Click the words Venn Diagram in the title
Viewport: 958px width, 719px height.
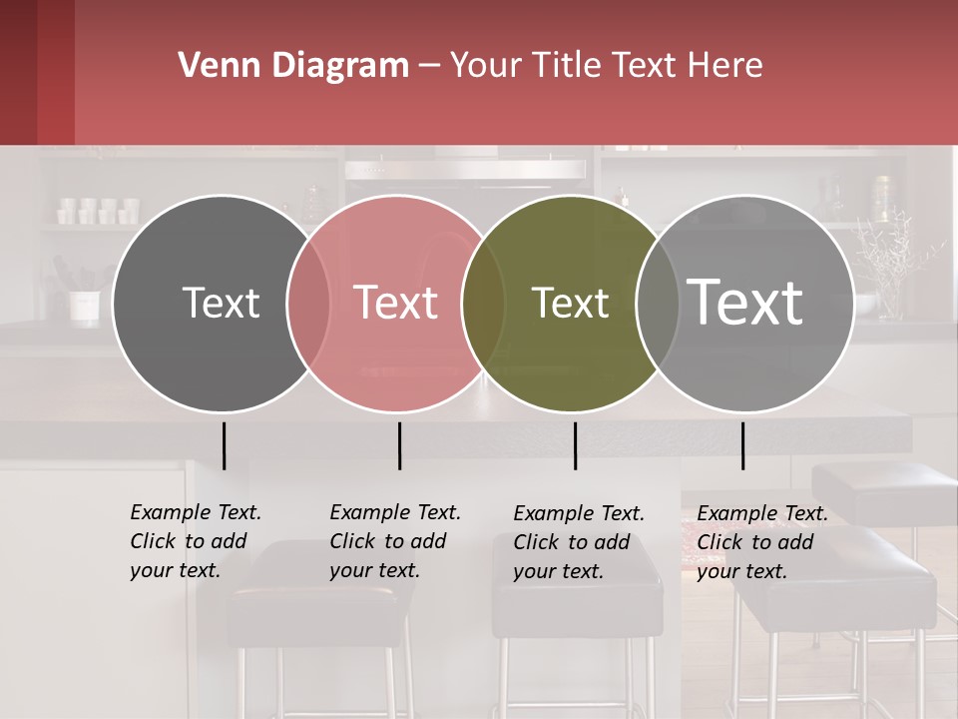293,66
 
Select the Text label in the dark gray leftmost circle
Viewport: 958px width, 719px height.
221,303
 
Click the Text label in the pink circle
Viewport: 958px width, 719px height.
395,303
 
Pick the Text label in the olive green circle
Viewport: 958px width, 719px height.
570,303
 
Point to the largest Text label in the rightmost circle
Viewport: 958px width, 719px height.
745,302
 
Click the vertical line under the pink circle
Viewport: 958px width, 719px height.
399,445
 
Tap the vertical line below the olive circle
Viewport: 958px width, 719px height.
575,445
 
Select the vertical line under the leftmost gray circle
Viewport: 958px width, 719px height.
224,445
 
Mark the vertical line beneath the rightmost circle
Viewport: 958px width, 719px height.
742,445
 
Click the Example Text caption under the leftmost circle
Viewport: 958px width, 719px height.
196,541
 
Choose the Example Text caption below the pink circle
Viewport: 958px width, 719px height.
395,541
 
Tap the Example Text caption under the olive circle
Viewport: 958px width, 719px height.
579,542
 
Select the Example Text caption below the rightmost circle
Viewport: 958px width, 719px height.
762,542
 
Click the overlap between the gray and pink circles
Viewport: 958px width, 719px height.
308,303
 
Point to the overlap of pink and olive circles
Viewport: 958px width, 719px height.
483,303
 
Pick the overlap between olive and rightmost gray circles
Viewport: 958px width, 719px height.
658,303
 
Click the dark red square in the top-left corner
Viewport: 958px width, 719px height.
37,72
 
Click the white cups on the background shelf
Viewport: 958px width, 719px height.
98,211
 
